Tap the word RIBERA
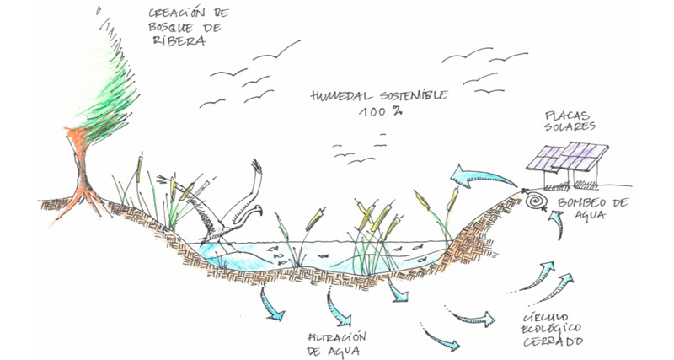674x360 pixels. [x=178, y=40]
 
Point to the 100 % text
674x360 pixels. [x=381, y=111]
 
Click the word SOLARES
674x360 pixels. [x=570, y=126]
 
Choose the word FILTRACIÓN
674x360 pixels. [x=337, y=336]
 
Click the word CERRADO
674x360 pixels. [x=553, y=342]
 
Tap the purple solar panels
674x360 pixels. [x=567, y=156]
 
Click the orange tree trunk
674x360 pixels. [x=82, y=172]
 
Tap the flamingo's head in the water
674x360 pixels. [x=256, y=210]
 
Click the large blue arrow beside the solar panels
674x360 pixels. [x=481, y=177]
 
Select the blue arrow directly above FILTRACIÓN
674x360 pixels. [x=340, y=309]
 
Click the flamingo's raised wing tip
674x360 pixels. [x=256, y=165]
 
